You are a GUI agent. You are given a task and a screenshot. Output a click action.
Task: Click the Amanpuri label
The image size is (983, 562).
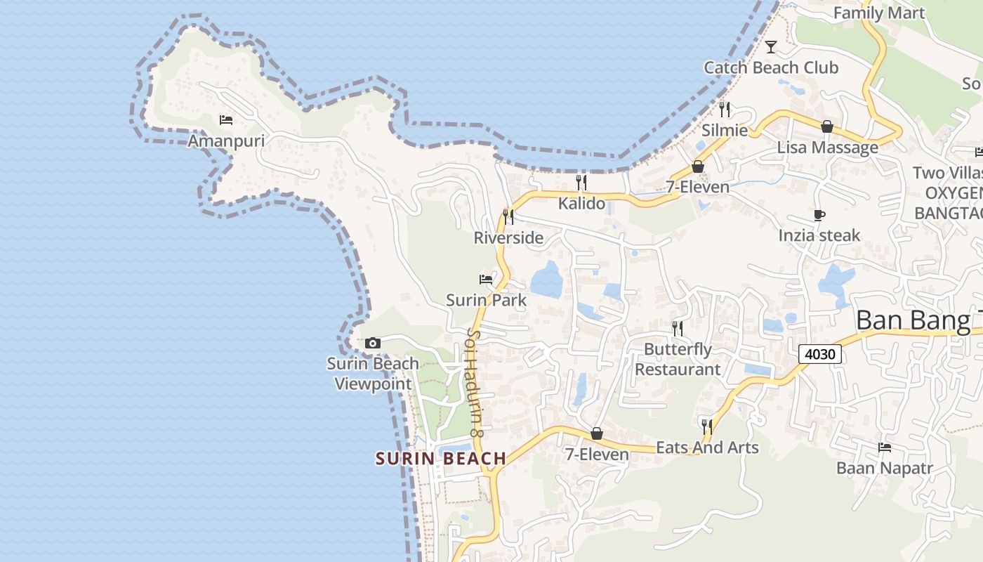(x=226, y=141)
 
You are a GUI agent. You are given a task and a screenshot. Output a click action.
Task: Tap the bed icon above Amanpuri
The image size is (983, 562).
(x=226, y=120)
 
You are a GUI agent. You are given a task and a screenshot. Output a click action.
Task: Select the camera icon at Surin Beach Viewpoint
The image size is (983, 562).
(x=373, y=344)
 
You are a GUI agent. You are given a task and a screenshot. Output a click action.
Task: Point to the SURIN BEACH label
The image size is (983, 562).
(x=441, y=459)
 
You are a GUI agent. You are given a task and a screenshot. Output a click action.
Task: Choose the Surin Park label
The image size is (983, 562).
(x=486, y=300)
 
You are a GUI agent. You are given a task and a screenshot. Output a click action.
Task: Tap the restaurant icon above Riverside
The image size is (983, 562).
(x=508, y=216)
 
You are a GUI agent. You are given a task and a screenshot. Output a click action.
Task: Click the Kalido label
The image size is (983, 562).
(x=581, y=204)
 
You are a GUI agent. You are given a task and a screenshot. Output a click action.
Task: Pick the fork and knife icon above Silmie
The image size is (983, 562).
(x=725, y=109)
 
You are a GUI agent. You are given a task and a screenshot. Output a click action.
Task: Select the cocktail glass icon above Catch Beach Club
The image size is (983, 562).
(x=771, y=47)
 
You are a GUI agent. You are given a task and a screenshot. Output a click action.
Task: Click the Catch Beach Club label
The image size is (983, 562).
(x=771, y=67)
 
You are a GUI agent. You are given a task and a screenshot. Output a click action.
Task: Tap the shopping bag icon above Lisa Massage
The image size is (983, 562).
(x=827, y=126)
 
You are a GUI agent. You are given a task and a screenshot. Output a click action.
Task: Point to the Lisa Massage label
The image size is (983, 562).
(x=827, y=148)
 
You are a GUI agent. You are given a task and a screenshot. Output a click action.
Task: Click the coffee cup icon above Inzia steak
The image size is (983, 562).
(x=819, y=215)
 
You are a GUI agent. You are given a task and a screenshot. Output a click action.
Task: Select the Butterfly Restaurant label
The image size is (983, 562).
(x=678, y=359)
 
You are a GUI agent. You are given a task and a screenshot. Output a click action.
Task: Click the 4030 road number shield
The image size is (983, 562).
(x=819, y=354)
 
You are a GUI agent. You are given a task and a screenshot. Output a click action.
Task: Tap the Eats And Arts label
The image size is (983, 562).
(x=707, y=447)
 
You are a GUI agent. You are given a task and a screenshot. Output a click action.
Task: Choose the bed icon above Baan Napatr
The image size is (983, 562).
(x=885, y=447)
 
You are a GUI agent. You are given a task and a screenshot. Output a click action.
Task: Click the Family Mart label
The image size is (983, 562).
(x=878, y=13)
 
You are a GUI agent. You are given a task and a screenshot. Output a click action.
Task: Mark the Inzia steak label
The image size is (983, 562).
(x=819, y=235)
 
